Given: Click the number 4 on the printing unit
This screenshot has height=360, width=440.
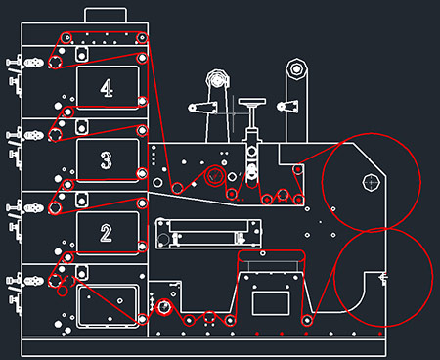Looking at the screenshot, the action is (107, 88).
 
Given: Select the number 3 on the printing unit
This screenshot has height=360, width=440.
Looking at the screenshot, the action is (107, 160).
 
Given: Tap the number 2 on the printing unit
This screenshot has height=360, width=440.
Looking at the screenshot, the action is (106, 233).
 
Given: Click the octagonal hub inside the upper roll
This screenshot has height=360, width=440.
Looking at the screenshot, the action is (372, 182).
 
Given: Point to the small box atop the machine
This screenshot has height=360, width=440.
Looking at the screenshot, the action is (106, 16).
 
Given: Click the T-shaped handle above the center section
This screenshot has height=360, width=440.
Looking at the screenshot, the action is (251, 102).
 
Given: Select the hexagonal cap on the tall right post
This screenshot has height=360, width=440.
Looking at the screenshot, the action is (296, 69).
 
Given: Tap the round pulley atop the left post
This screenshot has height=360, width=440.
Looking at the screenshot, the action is (218, 79).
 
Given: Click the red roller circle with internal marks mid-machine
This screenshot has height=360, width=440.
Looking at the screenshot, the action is (214, 176).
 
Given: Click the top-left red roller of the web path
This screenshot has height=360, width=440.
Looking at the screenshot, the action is (66, 38).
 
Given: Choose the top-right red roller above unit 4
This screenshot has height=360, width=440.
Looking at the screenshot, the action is (142, 38).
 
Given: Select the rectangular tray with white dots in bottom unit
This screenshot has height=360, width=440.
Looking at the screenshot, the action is (107, 306).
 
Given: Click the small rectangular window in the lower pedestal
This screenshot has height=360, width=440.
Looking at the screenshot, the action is (271, 303).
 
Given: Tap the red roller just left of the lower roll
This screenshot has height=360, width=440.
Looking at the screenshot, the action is (307, 320).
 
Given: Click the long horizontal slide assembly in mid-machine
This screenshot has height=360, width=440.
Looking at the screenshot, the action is (208, 234).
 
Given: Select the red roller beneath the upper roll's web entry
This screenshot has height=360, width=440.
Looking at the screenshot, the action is (298, 169).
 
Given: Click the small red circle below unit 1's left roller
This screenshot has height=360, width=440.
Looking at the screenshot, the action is (63, 291).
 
